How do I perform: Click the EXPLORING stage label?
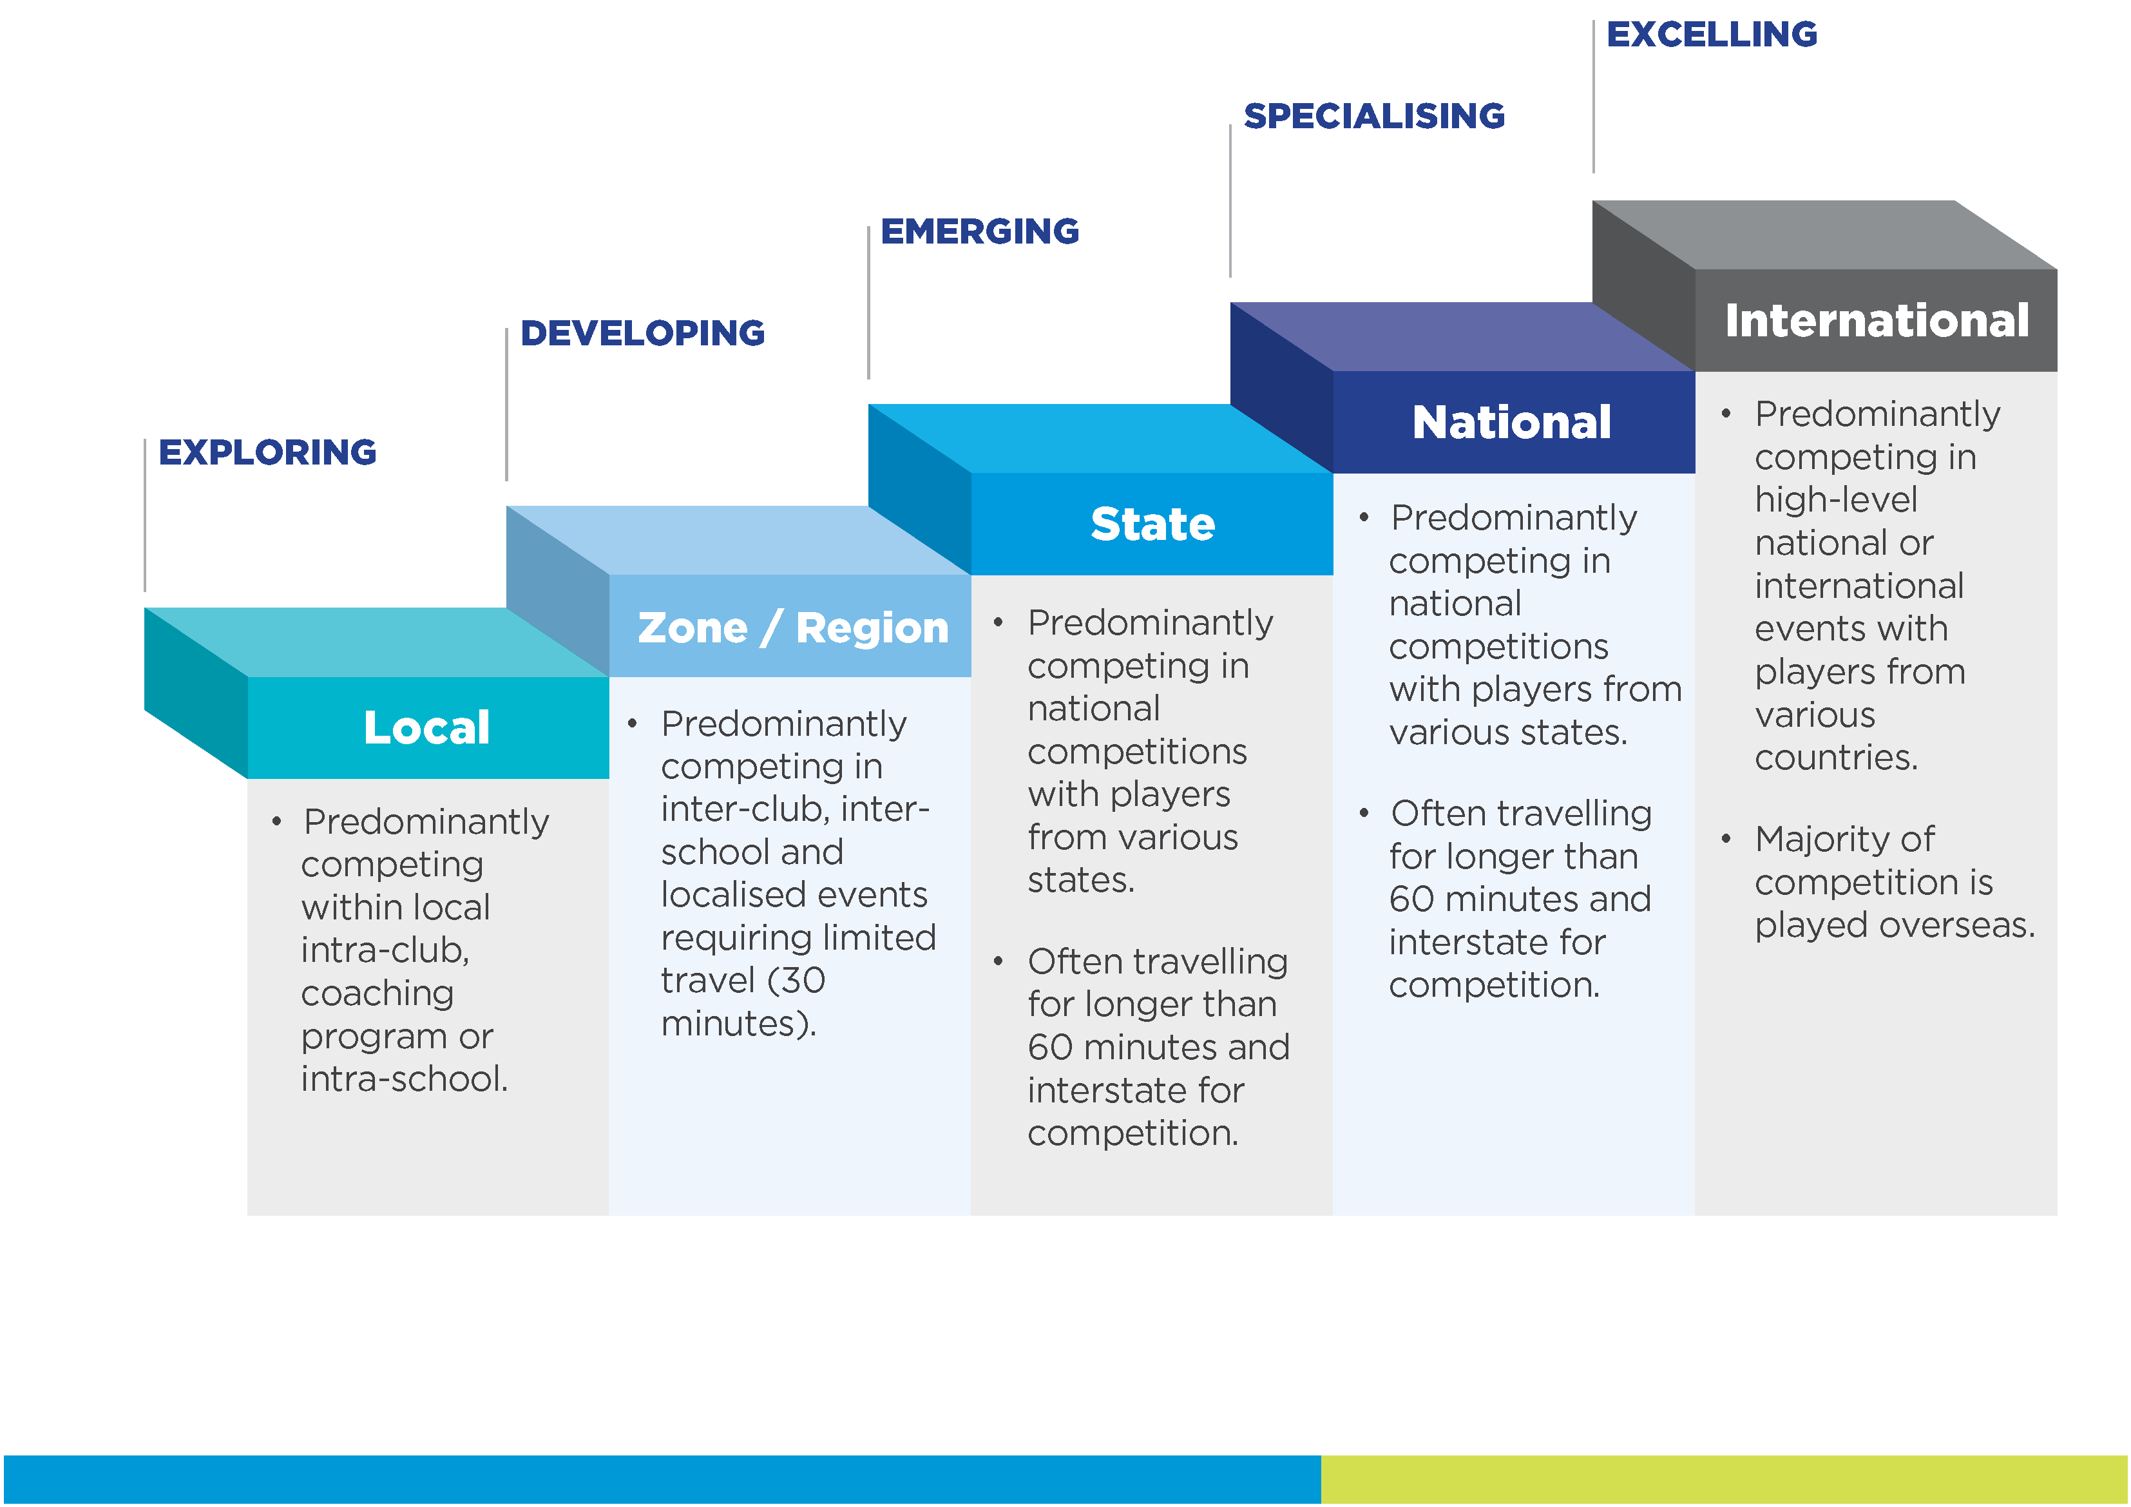[267, 452]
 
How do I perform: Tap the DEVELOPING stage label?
[642, 333]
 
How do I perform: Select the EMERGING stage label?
[979, 231]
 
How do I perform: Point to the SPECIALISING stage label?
[1373, 116]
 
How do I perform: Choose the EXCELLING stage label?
[1712, 34]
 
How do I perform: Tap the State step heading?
[1152, 524]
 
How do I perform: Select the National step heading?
[1511, 423]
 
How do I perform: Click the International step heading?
[1876, 320]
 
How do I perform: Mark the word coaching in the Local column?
[377, 993]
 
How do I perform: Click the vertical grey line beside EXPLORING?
[145, 515]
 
